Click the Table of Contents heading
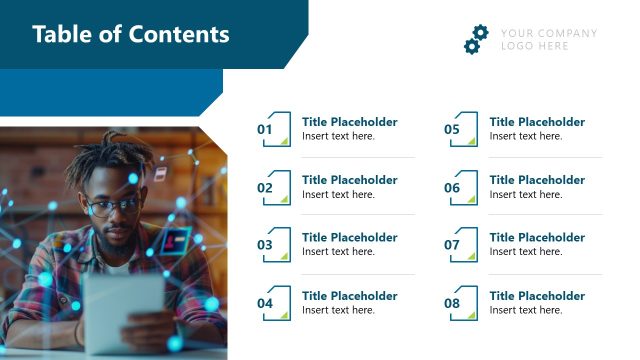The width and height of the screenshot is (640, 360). click(x=131, y=35)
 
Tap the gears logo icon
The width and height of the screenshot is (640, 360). click(x=475, y=39)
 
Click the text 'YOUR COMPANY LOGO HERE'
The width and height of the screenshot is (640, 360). click(x=548, y=39)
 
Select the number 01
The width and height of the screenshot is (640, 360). click(x=265, y=129)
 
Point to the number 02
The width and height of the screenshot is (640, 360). click(x=265, y=187)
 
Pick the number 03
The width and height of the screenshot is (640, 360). click(x=265, y=244)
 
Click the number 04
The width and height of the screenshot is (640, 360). click(x=265, y=303)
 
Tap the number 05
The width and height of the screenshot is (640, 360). click(x=452, y=129)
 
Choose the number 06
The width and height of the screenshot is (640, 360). click(x=452, y=187)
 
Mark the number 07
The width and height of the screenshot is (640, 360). click(x=452, y=244)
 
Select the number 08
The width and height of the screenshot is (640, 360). click(x=452, y=303)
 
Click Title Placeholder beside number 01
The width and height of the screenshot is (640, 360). click(x=349, y=122)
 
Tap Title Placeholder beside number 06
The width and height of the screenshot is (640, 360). click(x=537, y=180)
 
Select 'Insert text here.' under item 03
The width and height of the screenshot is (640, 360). click(x=338, y=252)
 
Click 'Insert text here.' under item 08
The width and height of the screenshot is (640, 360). click(x=526, y=310)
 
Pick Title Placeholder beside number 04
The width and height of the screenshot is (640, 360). click(x=349, y=296)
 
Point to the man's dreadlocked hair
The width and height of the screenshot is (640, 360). click(x=116, y=160)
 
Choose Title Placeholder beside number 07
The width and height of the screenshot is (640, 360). click(x=537, y=238)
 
